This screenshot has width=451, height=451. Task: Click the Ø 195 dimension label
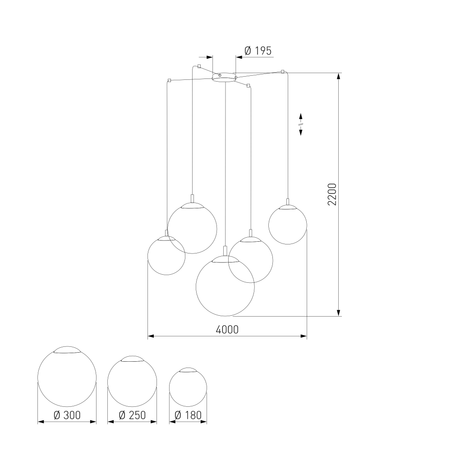tap(258, 51)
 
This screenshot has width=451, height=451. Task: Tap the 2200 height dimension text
tap(332, 194)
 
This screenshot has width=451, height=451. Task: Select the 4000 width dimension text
tap(227, 330)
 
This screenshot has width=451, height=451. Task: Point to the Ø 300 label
tap(67, 415)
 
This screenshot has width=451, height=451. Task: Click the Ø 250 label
tap(132, 415)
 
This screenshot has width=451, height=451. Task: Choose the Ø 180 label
tap(188, 415)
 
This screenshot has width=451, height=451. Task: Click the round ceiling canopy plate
tap(224, 78)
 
